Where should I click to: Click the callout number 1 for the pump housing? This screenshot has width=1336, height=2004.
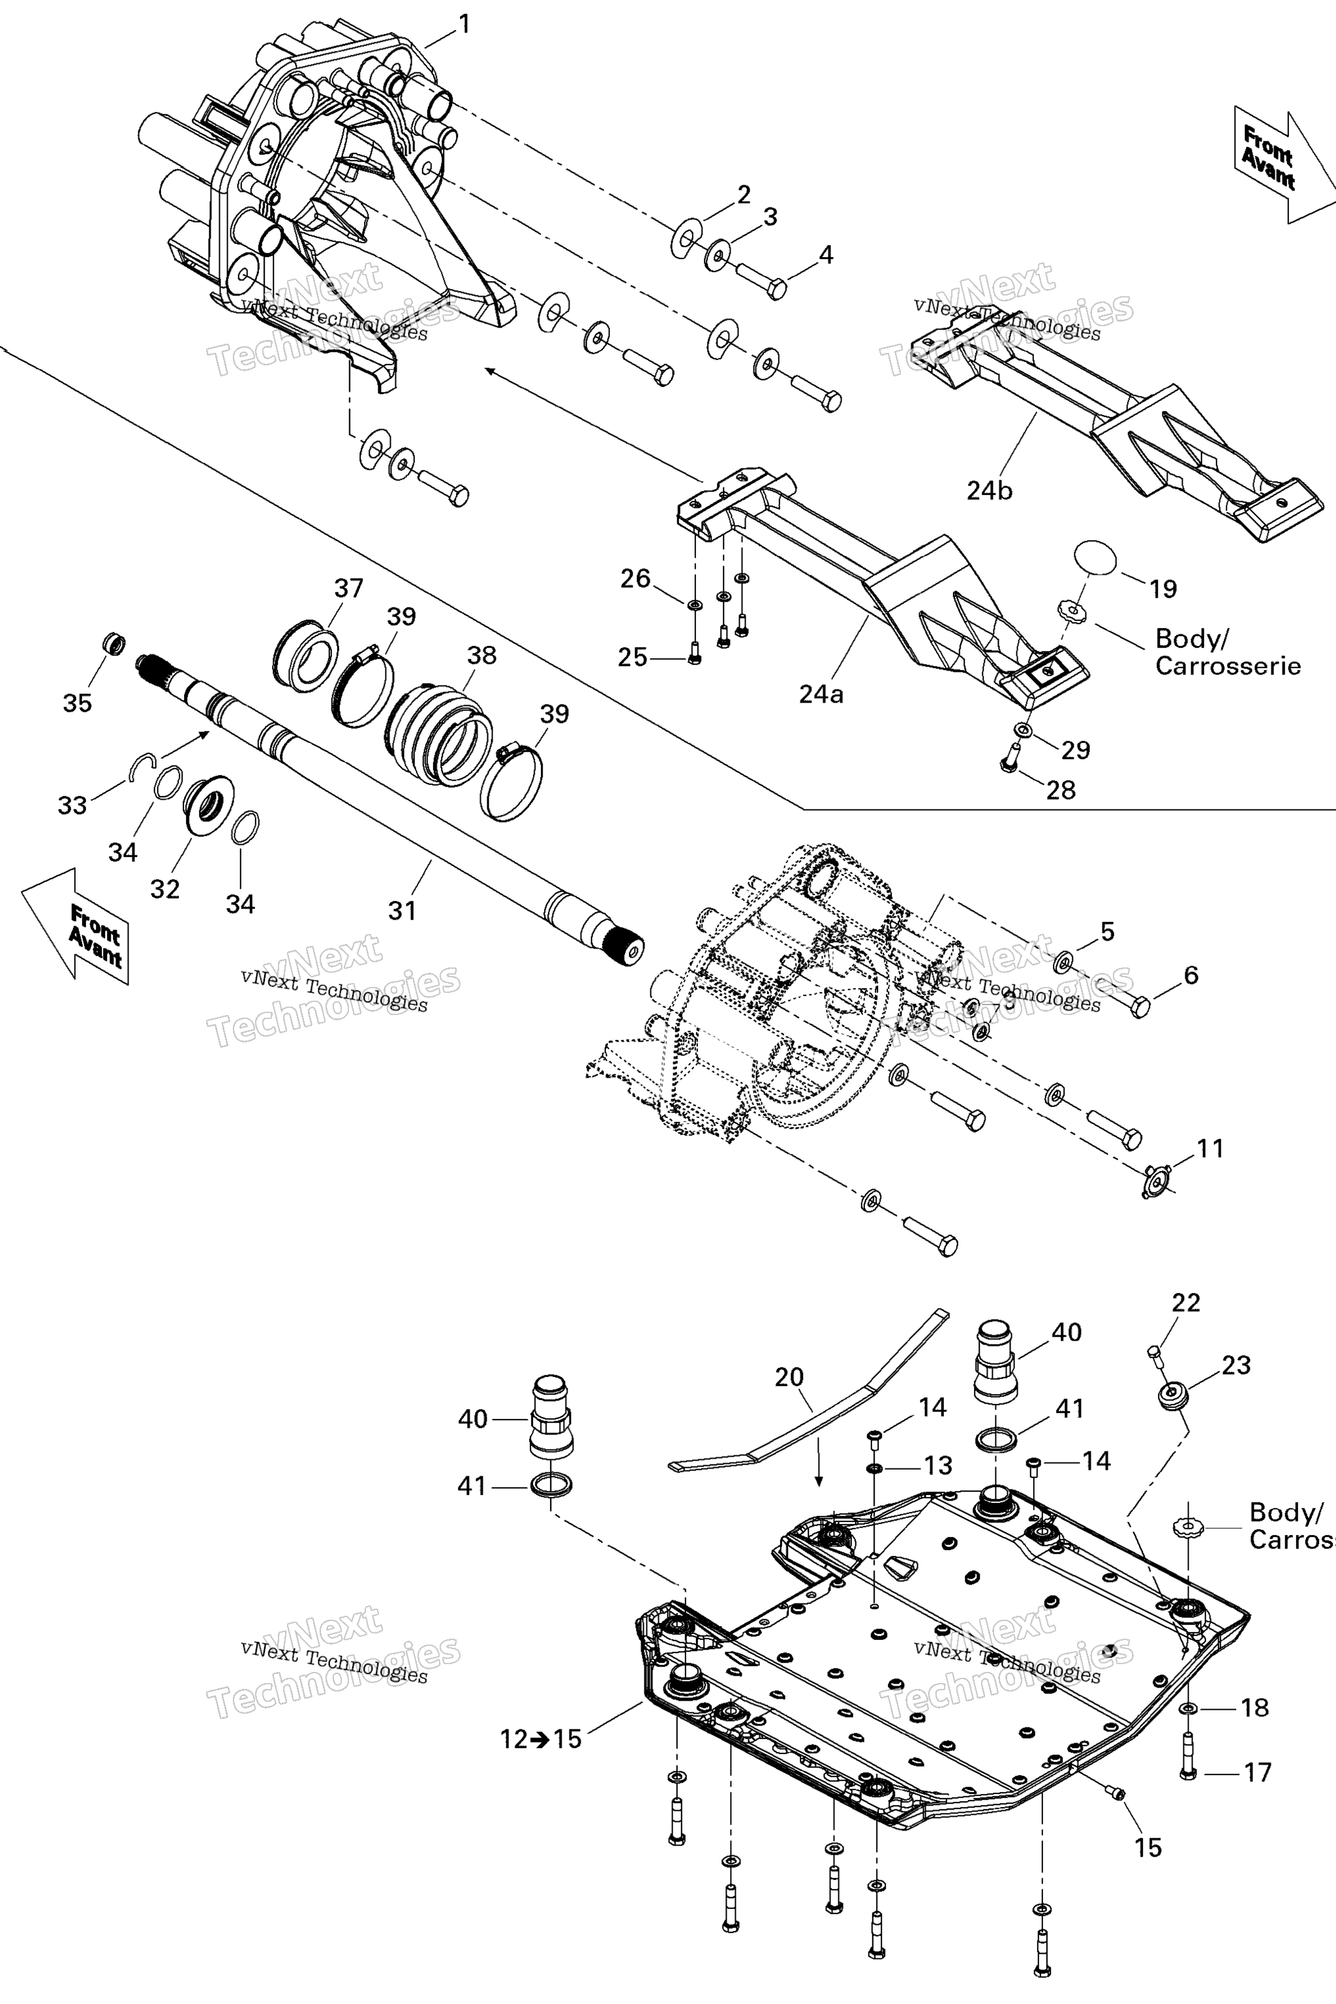click(x=464, y=24)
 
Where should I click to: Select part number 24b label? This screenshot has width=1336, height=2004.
click(x=989, y=491)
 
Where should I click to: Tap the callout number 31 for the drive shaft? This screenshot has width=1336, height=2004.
click(x=402, y=910)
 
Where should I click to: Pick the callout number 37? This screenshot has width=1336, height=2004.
click(x=348, y=588)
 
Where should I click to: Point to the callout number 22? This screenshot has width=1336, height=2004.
click(x=1186, y=1303)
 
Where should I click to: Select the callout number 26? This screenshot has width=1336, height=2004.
click(x=635, y=579)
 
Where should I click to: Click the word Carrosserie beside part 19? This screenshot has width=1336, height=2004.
click(x=1228, y=665)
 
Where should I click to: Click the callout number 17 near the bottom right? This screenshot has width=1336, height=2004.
click(x=1258, y=1772)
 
